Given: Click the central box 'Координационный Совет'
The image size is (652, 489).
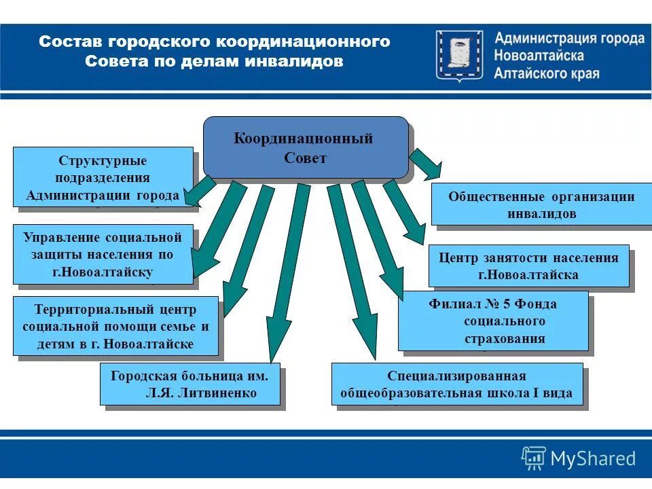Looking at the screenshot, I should (306, 147).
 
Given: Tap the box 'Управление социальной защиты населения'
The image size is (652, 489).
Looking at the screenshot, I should (103, 254).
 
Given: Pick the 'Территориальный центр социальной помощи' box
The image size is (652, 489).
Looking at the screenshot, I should (115, 326).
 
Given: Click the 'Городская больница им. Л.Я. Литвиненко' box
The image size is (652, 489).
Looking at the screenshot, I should (189, 384).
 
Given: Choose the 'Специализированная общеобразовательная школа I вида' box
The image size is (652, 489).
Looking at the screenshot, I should (456, 384).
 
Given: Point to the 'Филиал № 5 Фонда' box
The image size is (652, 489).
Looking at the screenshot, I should (492, 321).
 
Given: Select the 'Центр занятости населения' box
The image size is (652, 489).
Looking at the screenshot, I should (528, 266).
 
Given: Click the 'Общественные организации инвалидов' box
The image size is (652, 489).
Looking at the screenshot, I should (541, 204).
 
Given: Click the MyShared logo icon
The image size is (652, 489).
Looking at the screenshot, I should (533, 458).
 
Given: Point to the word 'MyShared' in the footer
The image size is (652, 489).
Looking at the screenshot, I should (593, 459).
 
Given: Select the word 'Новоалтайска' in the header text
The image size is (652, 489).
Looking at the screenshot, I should (539, 56).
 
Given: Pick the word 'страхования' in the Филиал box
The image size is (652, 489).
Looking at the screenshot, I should (505, 338).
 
